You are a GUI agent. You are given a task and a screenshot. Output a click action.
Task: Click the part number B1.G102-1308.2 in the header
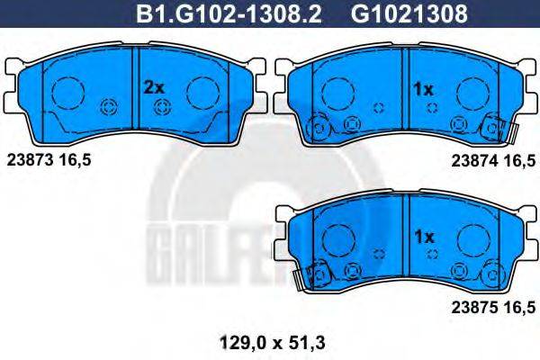tap(229, 13)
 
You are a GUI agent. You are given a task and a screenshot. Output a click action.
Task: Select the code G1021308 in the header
tap(409, 13)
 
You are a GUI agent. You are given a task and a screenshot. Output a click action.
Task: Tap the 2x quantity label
tap(154, 88)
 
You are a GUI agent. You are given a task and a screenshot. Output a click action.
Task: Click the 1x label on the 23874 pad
tap(423, 90)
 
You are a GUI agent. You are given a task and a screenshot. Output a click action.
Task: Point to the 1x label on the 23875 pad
tap(424, 237)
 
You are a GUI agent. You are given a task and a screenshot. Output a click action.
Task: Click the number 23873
tap(30, 160)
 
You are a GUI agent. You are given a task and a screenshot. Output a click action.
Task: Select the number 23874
tap(474, 160)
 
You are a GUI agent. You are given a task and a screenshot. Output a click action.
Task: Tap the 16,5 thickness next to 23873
tap(75, 160)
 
